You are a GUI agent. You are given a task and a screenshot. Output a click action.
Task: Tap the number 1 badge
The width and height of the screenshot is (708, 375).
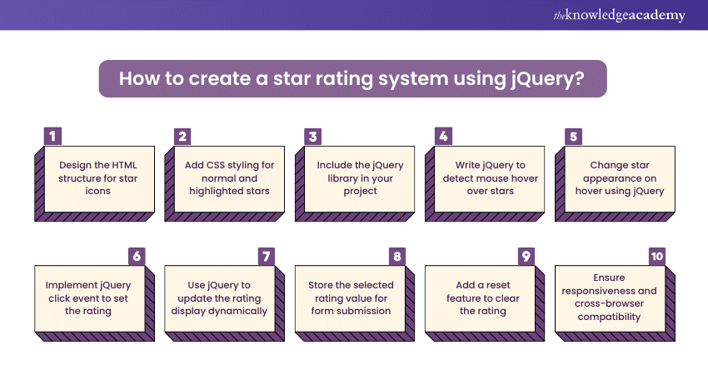tap(52, 136)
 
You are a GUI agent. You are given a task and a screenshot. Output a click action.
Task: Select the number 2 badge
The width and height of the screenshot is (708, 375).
tap(182, 136)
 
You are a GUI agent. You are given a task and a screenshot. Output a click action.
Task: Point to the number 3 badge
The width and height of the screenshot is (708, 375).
tap(312, 136)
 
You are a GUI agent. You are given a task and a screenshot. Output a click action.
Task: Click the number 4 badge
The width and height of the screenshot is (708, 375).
tap(442, 136)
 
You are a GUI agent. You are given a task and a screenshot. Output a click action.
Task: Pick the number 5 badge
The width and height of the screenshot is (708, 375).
tap(572, 136)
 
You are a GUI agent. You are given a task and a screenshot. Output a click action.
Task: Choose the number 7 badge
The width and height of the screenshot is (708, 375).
tap(267, 256)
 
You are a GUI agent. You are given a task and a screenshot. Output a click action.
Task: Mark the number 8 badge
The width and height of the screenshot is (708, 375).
tap(396, 256)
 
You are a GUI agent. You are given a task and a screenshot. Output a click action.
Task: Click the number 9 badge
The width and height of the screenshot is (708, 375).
tap(526, 256)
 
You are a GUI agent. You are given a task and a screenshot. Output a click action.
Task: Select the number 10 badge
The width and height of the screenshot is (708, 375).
tap(656, 256)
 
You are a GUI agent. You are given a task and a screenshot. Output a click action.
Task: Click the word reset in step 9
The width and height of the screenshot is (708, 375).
tap(486, 297)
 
